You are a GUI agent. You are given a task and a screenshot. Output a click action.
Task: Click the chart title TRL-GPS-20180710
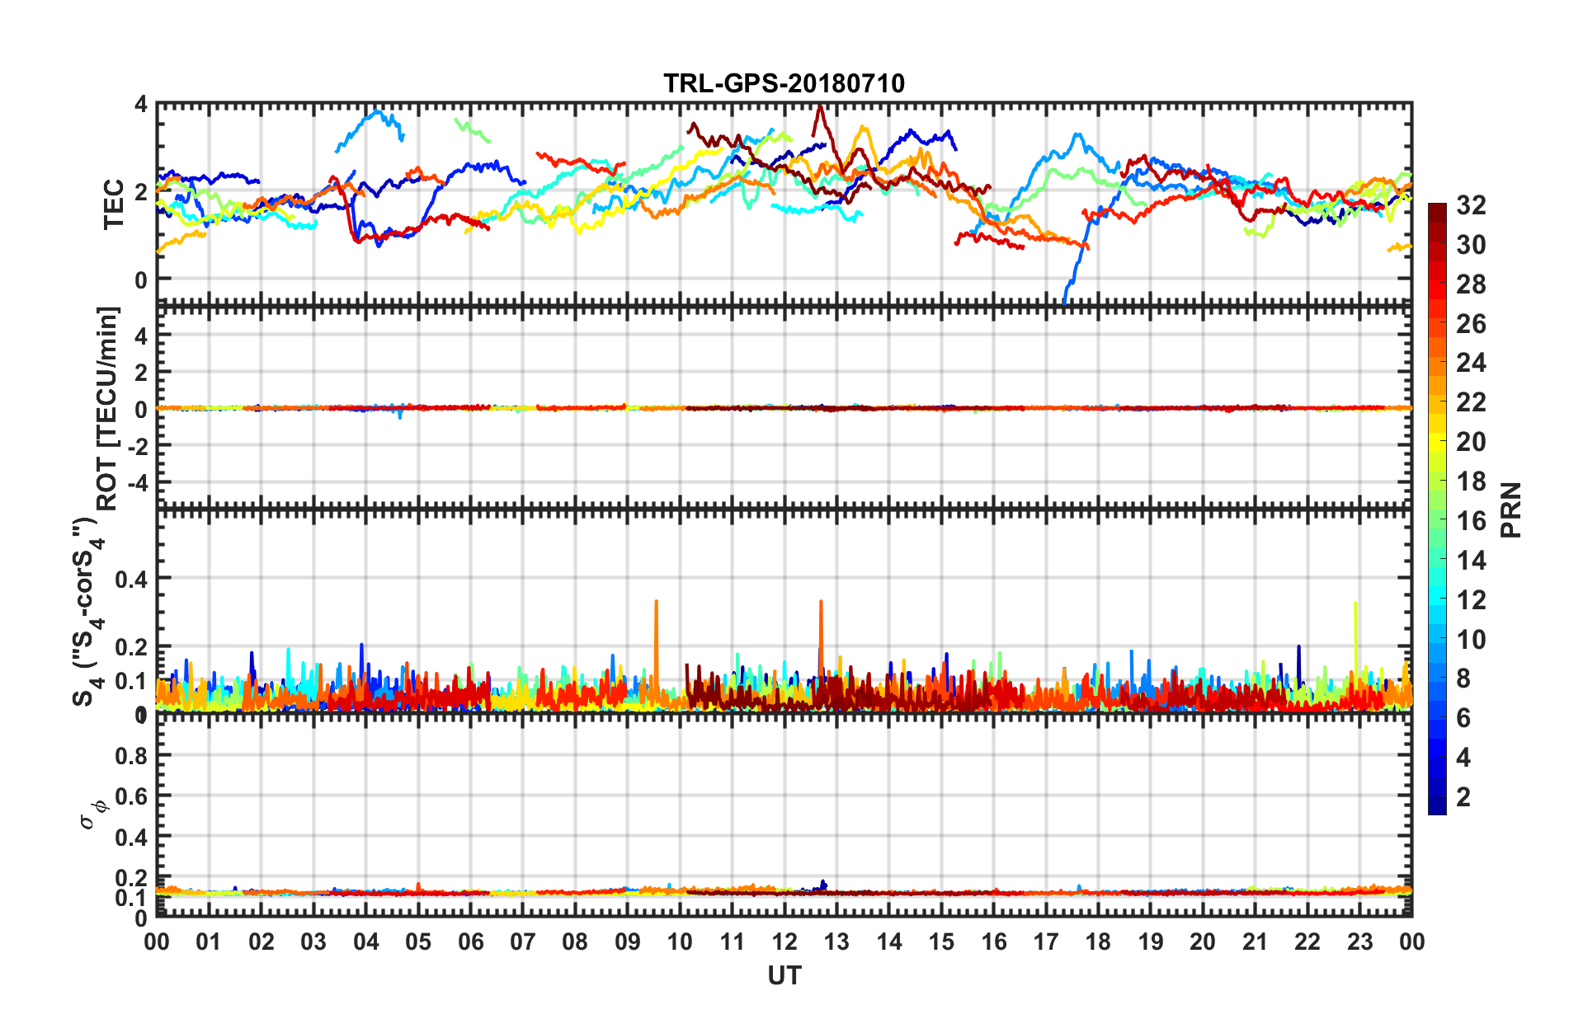pos(784,83)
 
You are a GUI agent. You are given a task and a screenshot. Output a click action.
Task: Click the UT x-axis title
pos(784,976)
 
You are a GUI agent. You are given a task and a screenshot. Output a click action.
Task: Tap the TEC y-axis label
pos(113,204)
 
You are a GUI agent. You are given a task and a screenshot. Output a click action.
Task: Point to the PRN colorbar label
pos(1511,509)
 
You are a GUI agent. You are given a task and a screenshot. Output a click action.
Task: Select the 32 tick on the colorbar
pos(1471,205)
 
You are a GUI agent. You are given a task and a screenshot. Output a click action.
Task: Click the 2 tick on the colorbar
pos(1463,797)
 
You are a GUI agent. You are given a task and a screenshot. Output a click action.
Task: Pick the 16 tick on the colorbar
pos(1471,521)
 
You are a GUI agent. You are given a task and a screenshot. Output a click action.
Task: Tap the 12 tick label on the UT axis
pos(784,942)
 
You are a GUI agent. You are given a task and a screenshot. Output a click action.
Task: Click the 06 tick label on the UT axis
pos(471,942)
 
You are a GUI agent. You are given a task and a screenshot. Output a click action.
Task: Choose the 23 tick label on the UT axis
pos(1359,942)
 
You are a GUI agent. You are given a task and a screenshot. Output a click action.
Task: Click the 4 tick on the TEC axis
pos(141,105)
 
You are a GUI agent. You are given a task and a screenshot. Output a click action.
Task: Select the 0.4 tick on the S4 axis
pos(131,579)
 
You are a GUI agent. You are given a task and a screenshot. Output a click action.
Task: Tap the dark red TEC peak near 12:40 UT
pos(820,107)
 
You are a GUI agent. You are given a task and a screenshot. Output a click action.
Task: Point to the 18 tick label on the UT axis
pos(1098,942)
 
